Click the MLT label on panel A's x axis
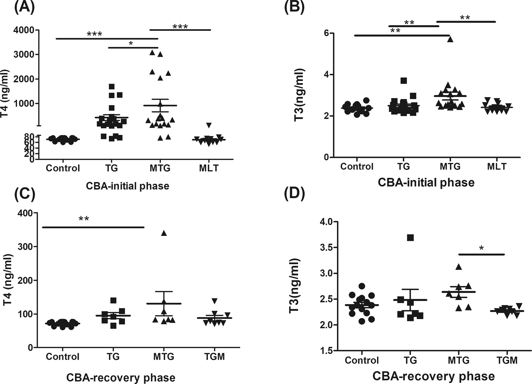tap(209, 168)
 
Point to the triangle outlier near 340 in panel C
tap(164, 233)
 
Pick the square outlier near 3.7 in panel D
tap(411, 238)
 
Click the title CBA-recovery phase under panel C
tap(121, 378)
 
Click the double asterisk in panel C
tap(84, 219)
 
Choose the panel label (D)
tap(293, 195)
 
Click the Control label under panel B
tap(357, 167)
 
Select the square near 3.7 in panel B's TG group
tap(403, 81)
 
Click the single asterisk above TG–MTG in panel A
tap(131, 43)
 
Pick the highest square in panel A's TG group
tap(112, 86)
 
